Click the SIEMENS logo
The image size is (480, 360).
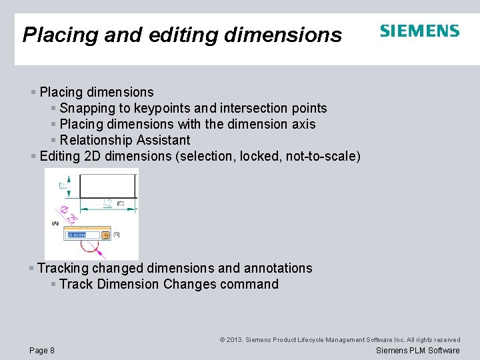pos(419,31)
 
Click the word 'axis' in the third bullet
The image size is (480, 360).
pos(303,124)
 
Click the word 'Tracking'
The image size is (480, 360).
pos(63,268)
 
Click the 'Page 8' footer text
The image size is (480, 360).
pos(42,351)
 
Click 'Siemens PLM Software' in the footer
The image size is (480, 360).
pos(418,351)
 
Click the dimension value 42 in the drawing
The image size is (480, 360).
pos(106,203)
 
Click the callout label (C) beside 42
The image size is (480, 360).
pos(121,203)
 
